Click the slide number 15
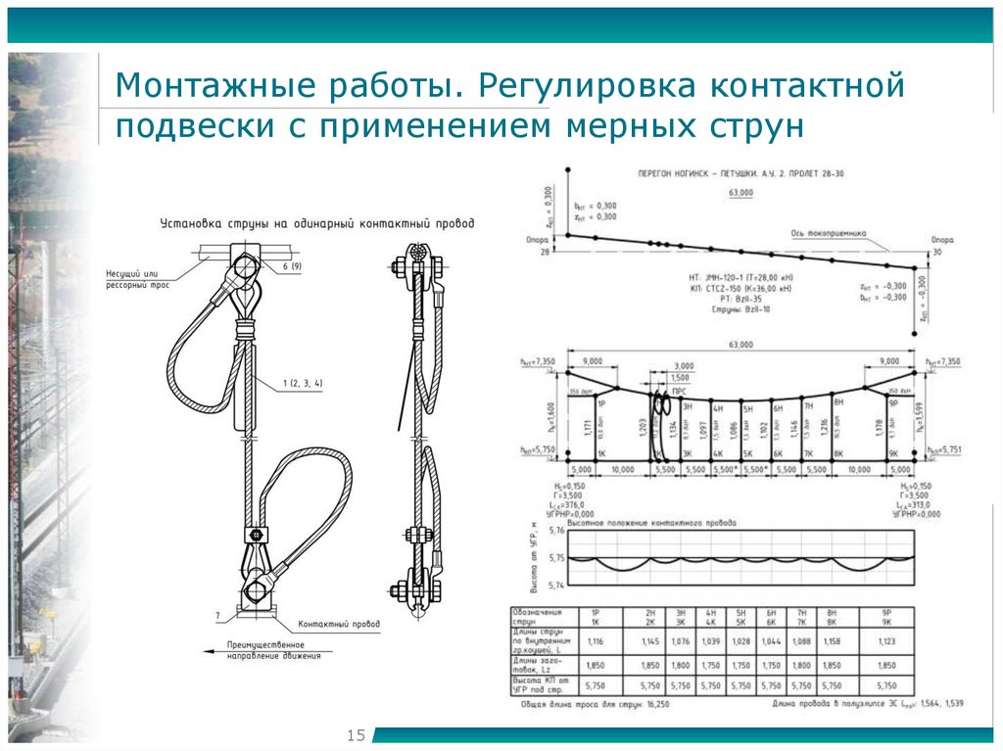pos(356,734)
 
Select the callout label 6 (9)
pos(291,266)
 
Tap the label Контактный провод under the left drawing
pos(339,623)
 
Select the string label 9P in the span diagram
pos(892,402)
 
